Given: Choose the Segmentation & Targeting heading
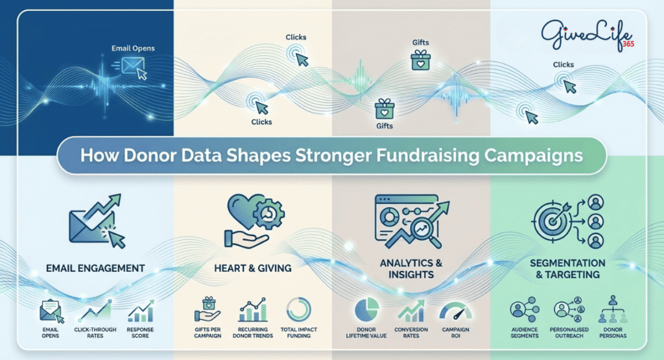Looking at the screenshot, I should point(567,269).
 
